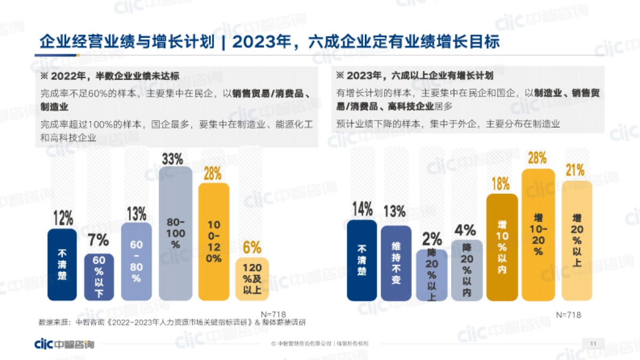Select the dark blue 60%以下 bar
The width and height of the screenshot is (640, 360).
[x=99, y=277]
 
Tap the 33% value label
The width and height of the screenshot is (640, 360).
[x=172, y=158]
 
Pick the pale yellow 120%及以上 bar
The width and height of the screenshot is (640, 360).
[x=252, y=279]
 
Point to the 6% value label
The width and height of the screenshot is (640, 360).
[x=252, y=248]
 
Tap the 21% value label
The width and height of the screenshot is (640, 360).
[x=575, y=171]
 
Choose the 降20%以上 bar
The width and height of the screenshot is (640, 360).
[x=431, y=275]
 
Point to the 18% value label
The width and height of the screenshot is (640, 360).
[x=500, y=184]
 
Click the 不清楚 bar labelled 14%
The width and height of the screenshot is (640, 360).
[x=362, y=260]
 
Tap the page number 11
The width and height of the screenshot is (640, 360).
[x=594, y=343]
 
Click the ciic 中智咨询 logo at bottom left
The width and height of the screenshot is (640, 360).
[x=63, y=343]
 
